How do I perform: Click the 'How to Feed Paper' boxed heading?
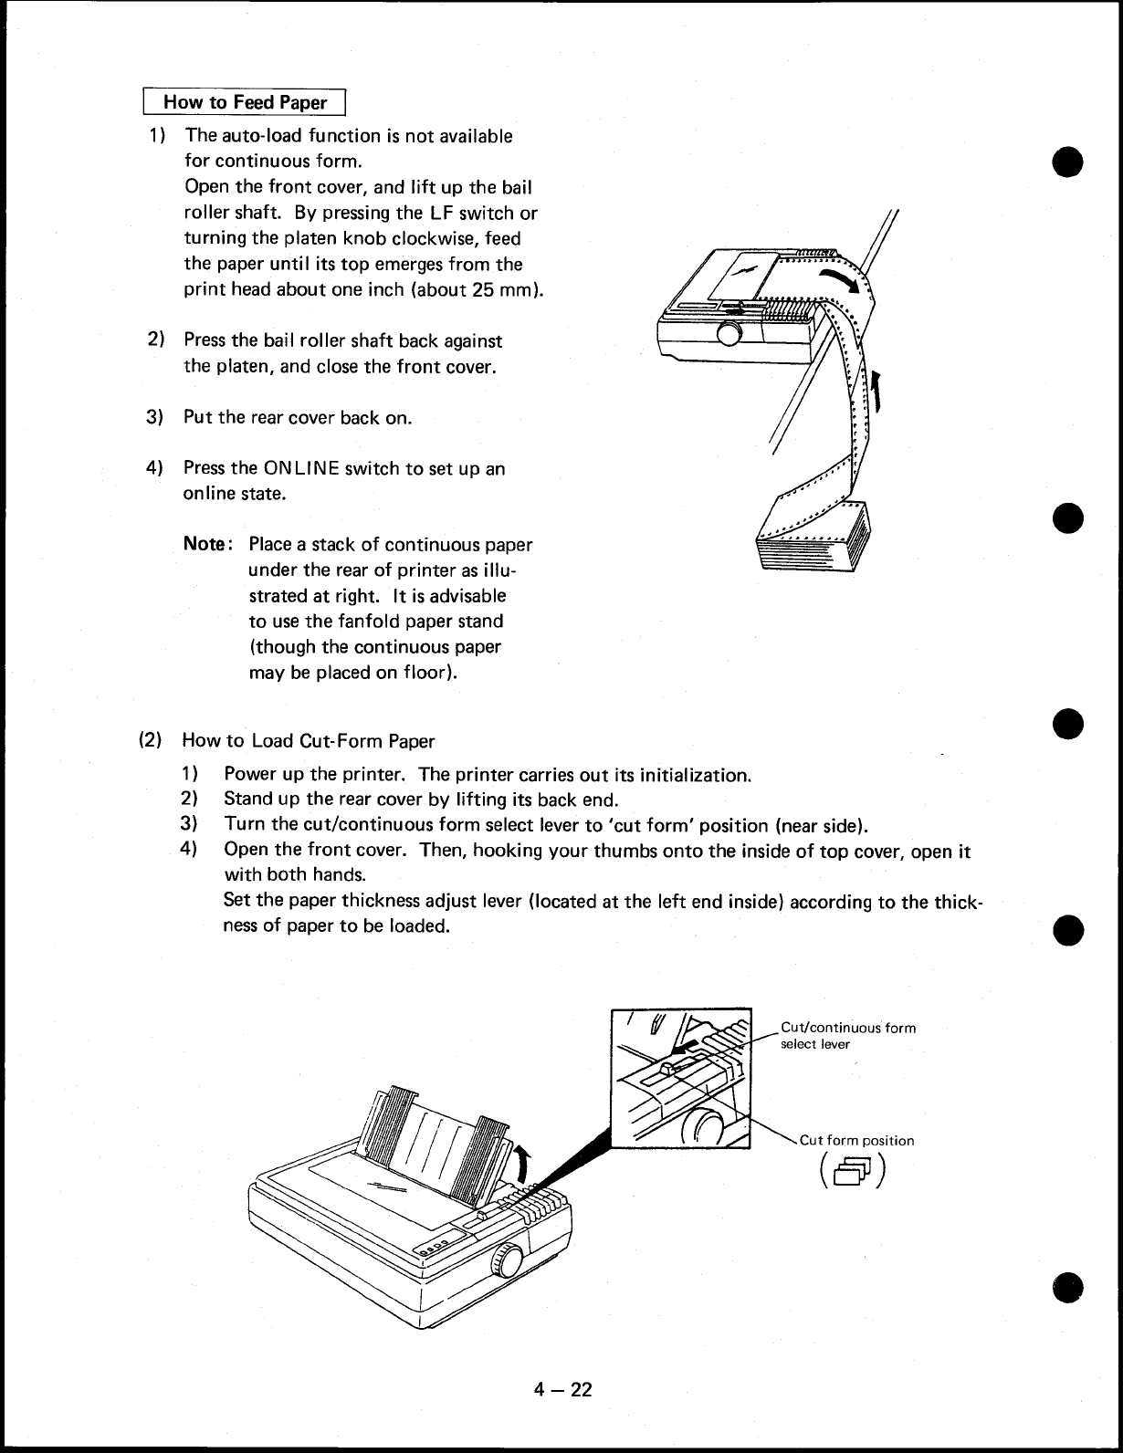coord(245,102)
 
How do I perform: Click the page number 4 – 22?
coord(563,1390)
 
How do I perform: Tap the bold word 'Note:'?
coord(210,545)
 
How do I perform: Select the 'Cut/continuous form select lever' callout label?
coord(847,1035)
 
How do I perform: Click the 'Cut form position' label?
coord(856,1140)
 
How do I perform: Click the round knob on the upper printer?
coord(729,334)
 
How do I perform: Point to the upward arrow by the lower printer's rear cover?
coord(521,1165)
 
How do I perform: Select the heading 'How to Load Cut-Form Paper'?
coord(309,740)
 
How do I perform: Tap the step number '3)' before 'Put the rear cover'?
coord(155,418)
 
